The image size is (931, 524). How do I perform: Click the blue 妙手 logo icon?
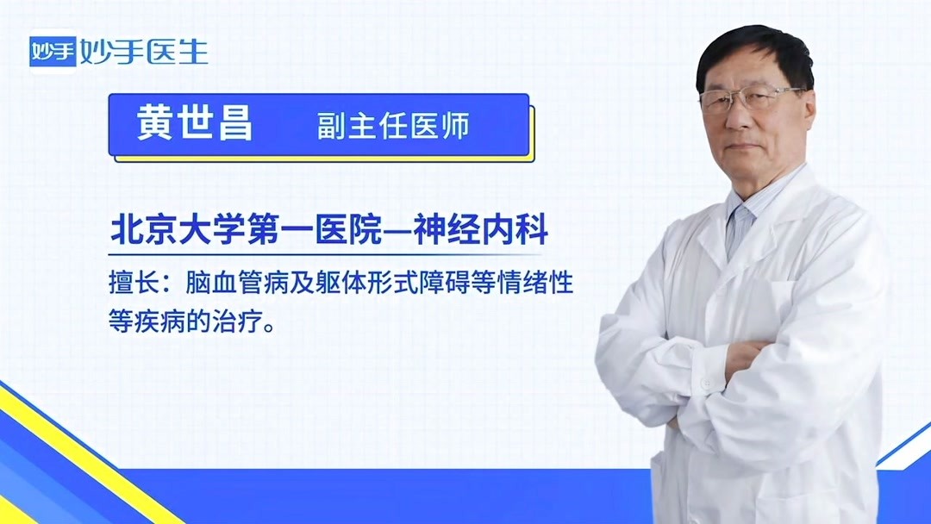(53, 53)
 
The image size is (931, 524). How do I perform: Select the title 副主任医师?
(393, 127)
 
